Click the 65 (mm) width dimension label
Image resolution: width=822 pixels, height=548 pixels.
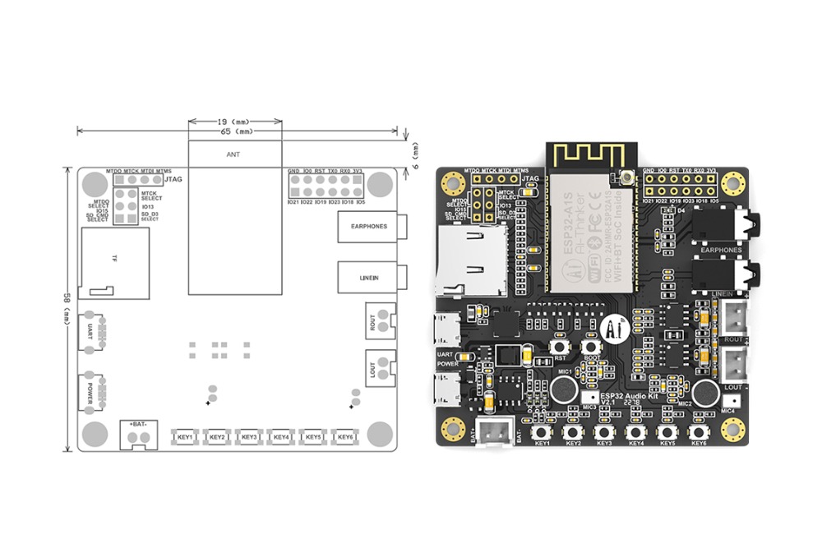(236, 131)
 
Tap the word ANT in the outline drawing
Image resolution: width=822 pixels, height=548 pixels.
(233, 154)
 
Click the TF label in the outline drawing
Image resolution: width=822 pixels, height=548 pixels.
(114, 258)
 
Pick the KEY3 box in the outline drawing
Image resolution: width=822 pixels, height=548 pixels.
(248, 437)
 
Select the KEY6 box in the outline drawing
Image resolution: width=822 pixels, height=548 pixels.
(344, 437)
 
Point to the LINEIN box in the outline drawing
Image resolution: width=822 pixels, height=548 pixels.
(368, 278)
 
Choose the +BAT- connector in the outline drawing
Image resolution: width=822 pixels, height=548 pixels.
(138, 435)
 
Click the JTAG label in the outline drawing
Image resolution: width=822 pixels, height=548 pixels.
(173, 179)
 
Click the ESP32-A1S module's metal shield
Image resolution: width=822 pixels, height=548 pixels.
(590, 233)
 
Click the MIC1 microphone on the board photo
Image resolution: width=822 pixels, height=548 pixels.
(563, 389)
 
